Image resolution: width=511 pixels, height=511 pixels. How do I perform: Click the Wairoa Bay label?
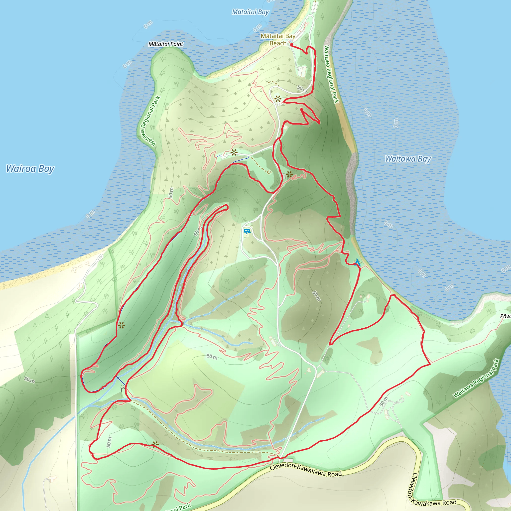(30, 169)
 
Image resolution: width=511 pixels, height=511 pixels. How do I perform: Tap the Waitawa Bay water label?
(408, 159)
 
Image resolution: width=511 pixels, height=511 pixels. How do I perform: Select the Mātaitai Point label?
(166, 44)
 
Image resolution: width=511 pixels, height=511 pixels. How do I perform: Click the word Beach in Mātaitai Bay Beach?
(278, 43)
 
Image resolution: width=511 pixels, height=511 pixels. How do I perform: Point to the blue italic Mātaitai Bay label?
(250, 12)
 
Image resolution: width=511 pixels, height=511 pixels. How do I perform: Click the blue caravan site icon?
(247, 232)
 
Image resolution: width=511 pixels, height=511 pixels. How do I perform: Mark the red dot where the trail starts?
(291, 45)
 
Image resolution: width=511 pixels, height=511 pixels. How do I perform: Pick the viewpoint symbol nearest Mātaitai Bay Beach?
(278, 99)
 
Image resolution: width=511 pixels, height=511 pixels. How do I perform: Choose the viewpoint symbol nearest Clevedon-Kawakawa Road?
(155, 444)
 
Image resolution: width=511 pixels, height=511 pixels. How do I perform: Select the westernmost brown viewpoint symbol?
(122, 325)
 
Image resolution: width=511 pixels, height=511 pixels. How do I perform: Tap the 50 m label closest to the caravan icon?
(197, 231)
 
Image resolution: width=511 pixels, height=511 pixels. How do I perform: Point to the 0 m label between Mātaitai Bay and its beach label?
(257, 27)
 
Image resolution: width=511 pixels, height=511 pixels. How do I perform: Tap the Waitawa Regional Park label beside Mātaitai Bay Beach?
(331, 74)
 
